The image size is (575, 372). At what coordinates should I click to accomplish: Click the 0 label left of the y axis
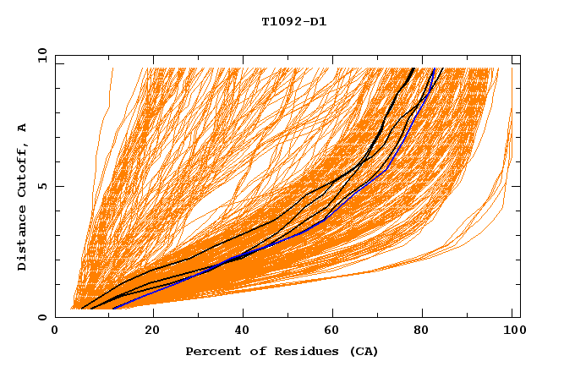42,318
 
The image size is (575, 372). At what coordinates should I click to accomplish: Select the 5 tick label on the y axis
42,186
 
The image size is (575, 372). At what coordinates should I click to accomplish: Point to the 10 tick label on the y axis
40,55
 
